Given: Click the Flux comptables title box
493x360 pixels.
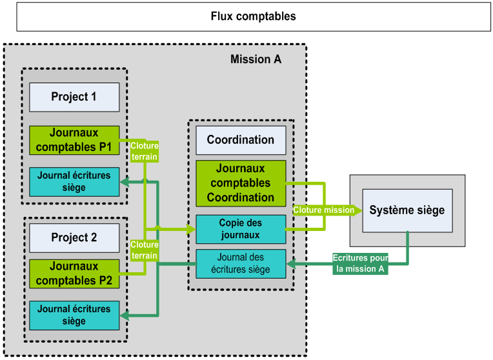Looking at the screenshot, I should coord(253,16).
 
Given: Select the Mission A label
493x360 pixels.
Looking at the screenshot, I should coord(256,59).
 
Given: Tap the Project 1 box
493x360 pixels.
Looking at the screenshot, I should coord(74,97).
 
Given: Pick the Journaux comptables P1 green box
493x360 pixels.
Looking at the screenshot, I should coord(74,140).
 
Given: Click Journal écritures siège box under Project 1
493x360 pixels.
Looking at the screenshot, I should coord(74,181).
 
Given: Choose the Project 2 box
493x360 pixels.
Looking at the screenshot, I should coord(74,237).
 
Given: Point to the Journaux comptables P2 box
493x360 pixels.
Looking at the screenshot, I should coord(74,274).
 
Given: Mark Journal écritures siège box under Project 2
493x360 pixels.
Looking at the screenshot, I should coord(74,315).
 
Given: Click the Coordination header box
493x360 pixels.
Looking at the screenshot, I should coord(240,139).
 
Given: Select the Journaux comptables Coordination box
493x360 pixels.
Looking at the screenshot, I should coord(240,183).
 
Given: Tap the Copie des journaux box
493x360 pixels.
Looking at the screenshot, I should coord(240,229).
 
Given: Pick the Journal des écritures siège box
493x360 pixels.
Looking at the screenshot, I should coord(240,263).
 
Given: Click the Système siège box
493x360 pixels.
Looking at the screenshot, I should coord(407,210).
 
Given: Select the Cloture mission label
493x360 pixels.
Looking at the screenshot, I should coord(324,210).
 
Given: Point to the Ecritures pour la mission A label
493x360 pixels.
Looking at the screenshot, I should coord(361,263).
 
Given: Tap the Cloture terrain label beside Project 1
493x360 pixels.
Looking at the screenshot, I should coord(145,151).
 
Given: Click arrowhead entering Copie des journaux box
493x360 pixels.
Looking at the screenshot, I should coord(191,229).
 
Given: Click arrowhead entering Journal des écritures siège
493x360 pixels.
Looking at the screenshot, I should coord(290,263).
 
